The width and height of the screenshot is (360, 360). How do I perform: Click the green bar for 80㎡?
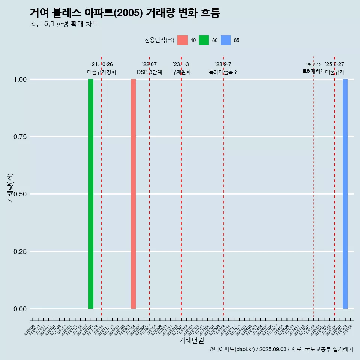91,194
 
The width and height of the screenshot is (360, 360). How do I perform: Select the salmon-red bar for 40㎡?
133,194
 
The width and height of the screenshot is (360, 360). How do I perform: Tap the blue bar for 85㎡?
345,194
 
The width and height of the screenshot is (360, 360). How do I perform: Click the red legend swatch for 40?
182,40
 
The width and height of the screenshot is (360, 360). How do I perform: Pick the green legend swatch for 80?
204,40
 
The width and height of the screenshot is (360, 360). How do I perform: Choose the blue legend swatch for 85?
226,40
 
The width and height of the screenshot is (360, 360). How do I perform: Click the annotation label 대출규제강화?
102,72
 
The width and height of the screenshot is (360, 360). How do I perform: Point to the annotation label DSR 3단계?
149,72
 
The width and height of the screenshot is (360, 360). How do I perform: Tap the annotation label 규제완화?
181,72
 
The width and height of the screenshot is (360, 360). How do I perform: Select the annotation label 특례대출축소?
223,72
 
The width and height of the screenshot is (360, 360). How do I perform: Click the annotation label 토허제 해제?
313,71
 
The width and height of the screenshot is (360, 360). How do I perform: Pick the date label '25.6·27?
334,64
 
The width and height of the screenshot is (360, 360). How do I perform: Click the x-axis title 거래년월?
192,340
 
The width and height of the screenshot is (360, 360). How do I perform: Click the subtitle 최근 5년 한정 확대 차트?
64,24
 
